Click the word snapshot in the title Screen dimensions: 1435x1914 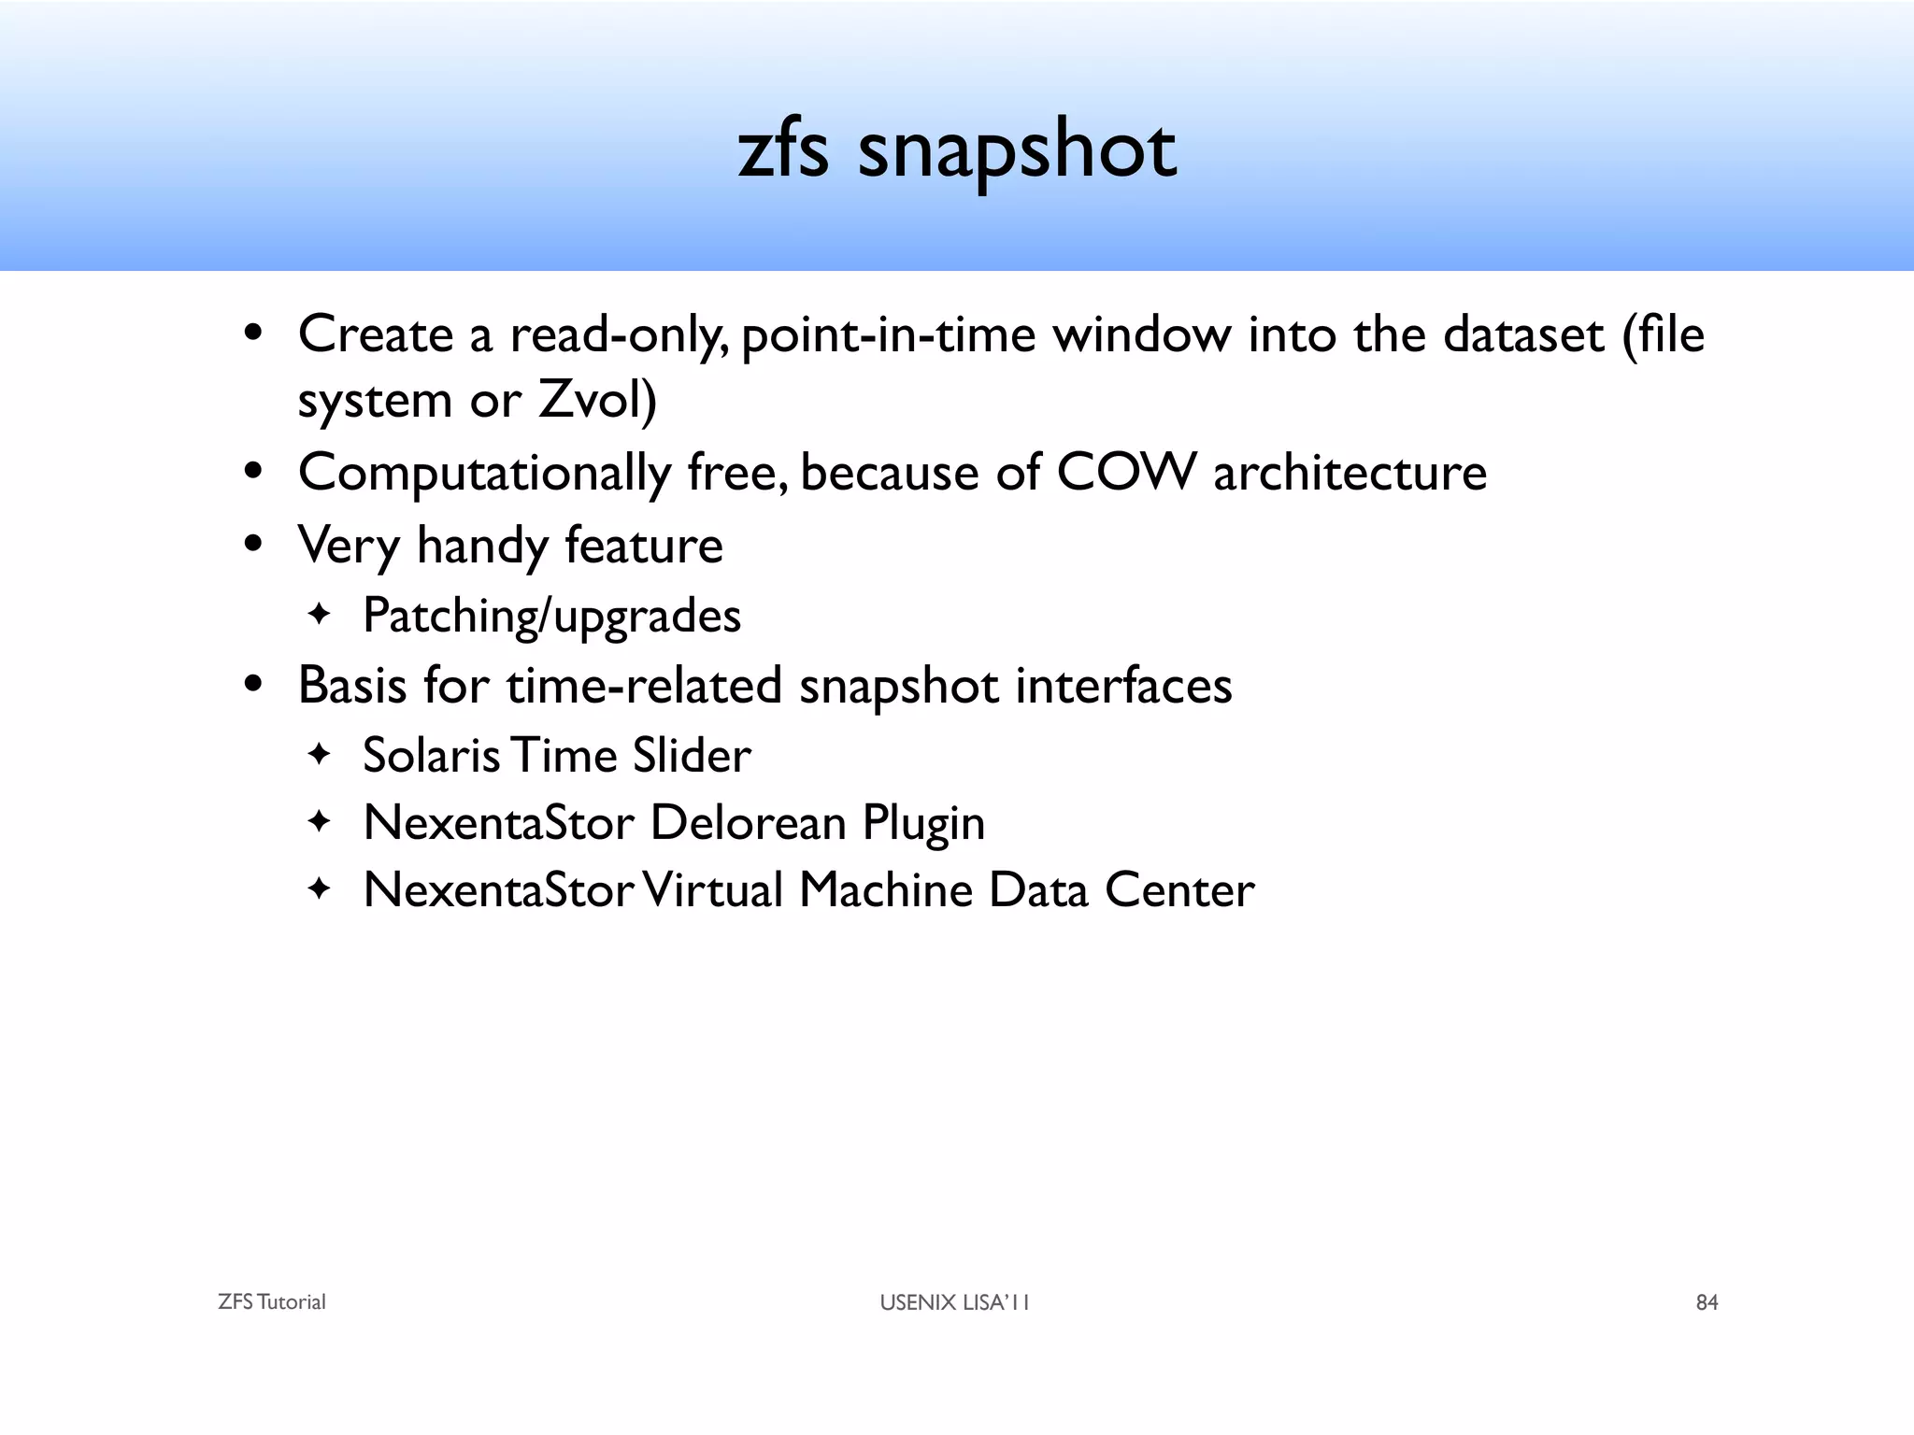click(x=1016, y=151)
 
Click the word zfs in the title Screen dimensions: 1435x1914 click(x=783, y=151)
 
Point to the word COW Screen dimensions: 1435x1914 click(x=1126, y=472)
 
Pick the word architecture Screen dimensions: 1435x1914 click(x=1350, y=472)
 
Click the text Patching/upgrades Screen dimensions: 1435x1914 click(x=551, y=617)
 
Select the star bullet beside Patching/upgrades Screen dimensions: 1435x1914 click(x=320, y=615)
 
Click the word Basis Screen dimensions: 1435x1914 click(x=352, y=685)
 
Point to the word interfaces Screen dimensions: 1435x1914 click(x=1123, y=685)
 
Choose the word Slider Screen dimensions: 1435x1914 click(x=691, y=755)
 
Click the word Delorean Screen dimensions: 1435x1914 click(x=748, y=823)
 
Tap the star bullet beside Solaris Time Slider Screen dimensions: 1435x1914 click(x=320, y=753)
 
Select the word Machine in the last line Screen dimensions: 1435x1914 click(x=885, y=890)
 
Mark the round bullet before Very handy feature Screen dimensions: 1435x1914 click(x=252, y=545)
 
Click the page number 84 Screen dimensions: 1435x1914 click(x=1707, y=1302)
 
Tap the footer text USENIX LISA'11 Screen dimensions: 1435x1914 click(x=954, y=1302)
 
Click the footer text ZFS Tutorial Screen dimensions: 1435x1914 click(x=271, y=1302)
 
